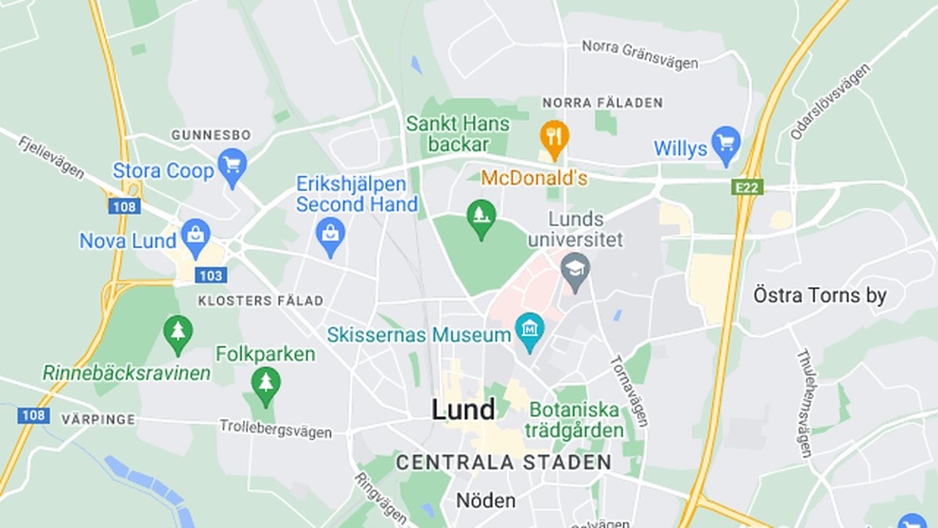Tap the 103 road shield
211,275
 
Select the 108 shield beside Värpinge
34,415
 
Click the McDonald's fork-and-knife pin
554,137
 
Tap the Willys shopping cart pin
727,144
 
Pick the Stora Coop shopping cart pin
232,166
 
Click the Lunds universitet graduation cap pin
576,271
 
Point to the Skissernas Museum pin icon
530,332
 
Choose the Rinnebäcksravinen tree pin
178,332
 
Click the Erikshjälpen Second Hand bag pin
331,235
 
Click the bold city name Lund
464,410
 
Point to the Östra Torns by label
820,296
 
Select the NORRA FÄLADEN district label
603,102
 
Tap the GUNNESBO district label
211,135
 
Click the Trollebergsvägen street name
275,429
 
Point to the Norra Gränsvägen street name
639,55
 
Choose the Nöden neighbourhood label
485,500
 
